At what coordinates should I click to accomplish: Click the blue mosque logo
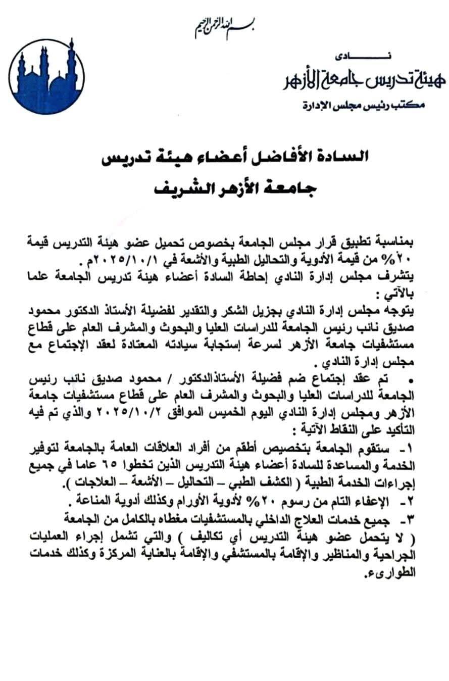[x=46, y=75]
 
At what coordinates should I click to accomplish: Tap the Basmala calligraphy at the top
[x=225, y=28]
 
